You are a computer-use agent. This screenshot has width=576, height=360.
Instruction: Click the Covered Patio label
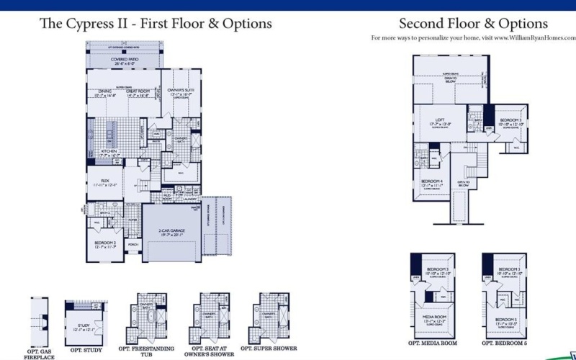tap(124, 61)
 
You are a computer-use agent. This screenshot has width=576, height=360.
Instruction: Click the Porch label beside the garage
tap(133, 245)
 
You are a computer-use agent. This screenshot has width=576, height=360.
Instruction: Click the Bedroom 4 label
tap(432, 182)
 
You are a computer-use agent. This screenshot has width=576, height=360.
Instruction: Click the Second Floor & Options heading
tap(473, 24)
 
